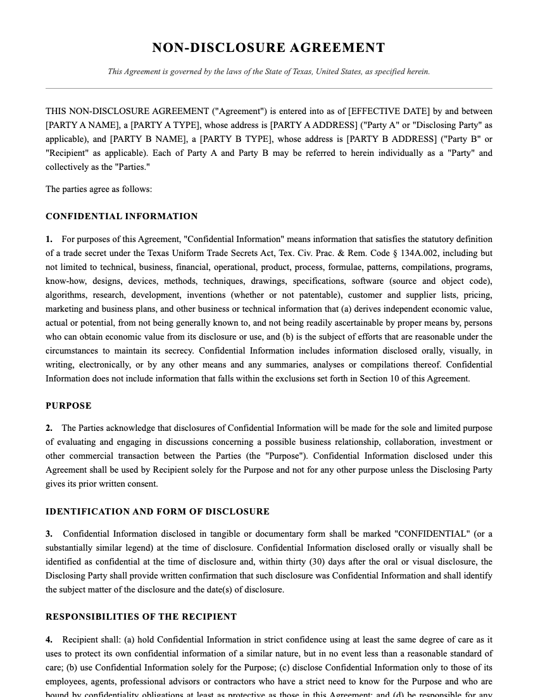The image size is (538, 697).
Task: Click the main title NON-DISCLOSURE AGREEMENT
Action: (x=268, y=48)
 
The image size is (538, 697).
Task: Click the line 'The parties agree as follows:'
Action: (x=99, y=189)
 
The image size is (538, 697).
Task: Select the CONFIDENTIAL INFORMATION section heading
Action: (x=122, y=217)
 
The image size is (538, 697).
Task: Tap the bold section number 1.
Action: (x=49, y=240)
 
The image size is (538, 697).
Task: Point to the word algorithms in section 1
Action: (x=66, y=295)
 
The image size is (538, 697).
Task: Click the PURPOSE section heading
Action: (x=68, y=406)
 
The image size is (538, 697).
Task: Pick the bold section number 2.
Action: (x=49, y=428)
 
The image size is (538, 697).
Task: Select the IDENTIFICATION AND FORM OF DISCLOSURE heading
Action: (x=158, y=511)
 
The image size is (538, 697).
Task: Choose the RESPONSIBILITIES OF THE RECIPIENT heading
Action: (x=141, y=617)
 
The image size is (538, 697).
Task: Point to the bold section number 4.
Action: (x=49, y=640)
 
